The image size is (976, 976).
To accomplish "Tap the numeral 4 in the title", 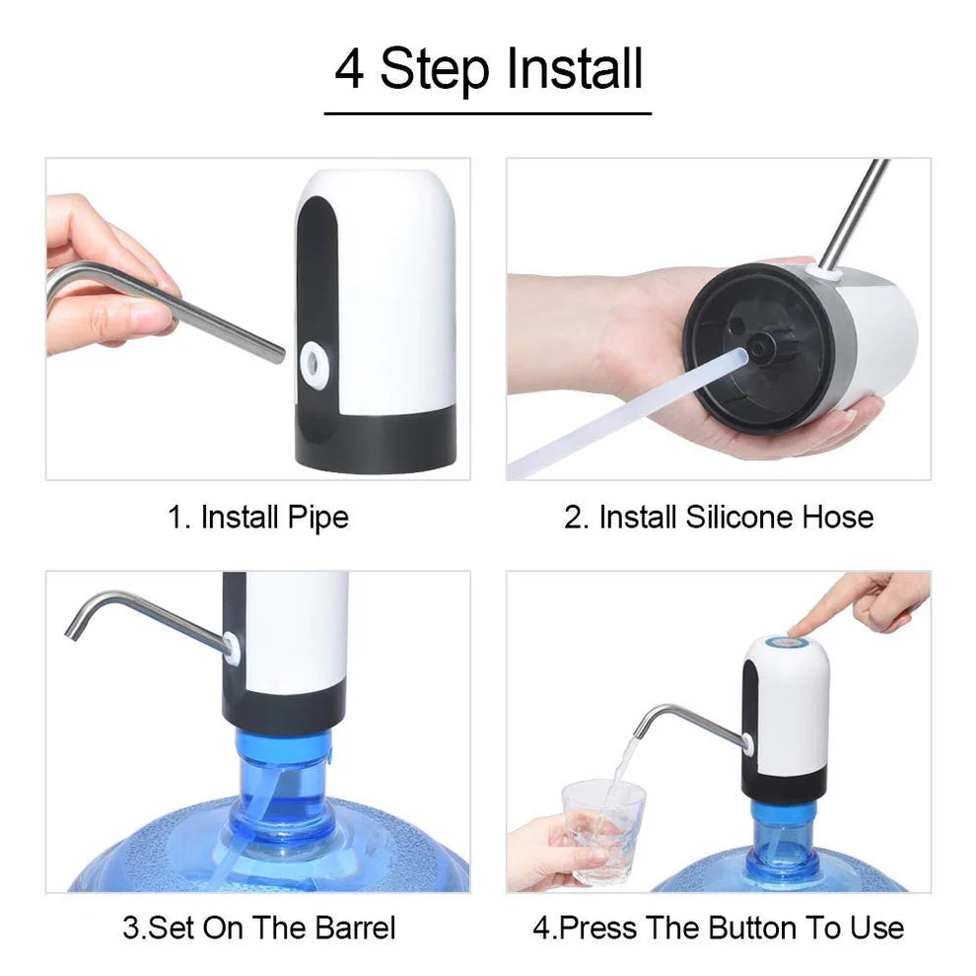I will (348, 70).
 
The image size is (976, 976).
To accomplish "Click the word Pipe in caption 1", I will (317, 517).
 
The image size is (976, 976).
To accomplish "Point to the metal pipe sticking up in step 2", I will (854, 212).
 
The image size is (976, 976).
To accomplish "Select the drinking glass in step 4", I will (603, 828).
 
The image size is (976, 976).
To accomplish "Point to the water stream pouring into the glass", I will (623, 774).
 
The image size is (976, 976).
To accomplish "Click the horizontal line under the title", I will (487, 113).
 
